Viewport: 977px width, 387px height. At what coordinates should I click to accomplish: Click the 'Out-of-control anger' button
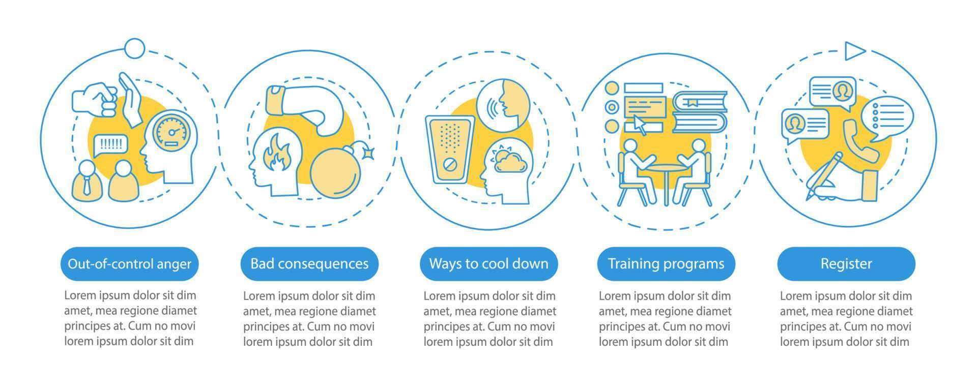129,264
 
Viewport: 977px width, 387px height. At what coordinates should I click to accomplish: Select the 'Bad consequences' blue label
309,264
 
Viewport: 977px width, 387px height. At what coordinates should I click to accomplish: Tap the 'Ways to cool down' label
489,264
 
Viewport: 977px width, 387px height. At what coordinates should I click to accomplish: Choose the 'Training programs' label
666,264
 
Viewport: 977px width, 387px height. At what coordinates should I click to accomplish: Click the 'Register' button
846,264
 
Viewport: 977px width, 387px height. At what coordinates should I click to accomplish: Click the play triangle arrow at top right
854,51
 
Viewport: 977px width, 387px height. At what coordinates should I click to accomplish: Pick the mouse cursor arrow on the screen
640,124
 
